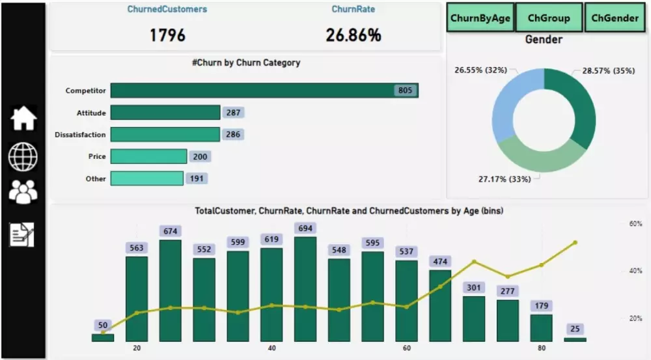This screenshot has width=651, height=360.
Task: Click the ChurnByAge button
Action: coord(480,18)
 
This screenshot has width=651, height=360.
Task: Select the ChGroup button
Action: coord(548,18)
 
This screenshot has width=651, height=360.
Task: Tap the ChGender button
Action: coord(615,18)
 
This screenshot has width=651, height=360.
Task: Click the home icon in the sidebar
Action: coord(23,118)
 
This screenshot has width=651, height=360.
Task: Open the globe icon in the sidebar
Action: coord(23,156)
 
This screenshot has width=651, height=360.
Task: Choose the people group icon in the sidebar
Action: coord(23,192)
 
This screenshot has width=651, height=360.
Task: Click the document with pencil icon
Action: coord(21,234)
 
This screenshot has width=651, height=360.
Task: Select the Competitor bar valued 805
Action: coord(264,90)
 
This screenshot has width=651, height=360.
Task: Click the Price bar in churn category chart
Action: coord(148,156)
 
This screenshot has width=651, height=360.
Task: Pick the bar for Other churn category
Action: coord(146,178)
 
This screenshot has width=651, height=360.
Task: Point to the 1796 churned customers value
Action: coord(167,35)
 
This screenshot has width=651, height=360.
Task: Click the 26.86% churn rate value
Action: coord(353,35)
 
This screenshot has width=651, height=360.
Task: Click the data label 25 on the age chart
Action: coord(575,329)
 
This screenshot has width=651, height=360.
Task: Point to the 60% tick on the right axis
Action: coord(635,224)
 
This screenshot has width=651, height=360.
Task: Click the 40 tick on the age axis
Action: coord(271,348)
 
